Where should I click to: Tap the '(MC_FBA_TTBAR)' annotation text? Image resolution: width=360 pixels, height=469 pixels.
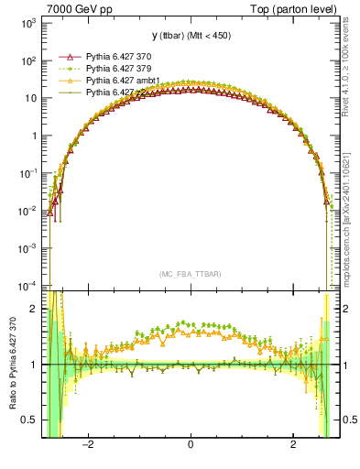[190, 273]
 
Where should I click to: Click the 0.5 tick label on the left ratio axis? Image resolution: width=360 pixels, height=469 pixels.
[30, 420]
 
